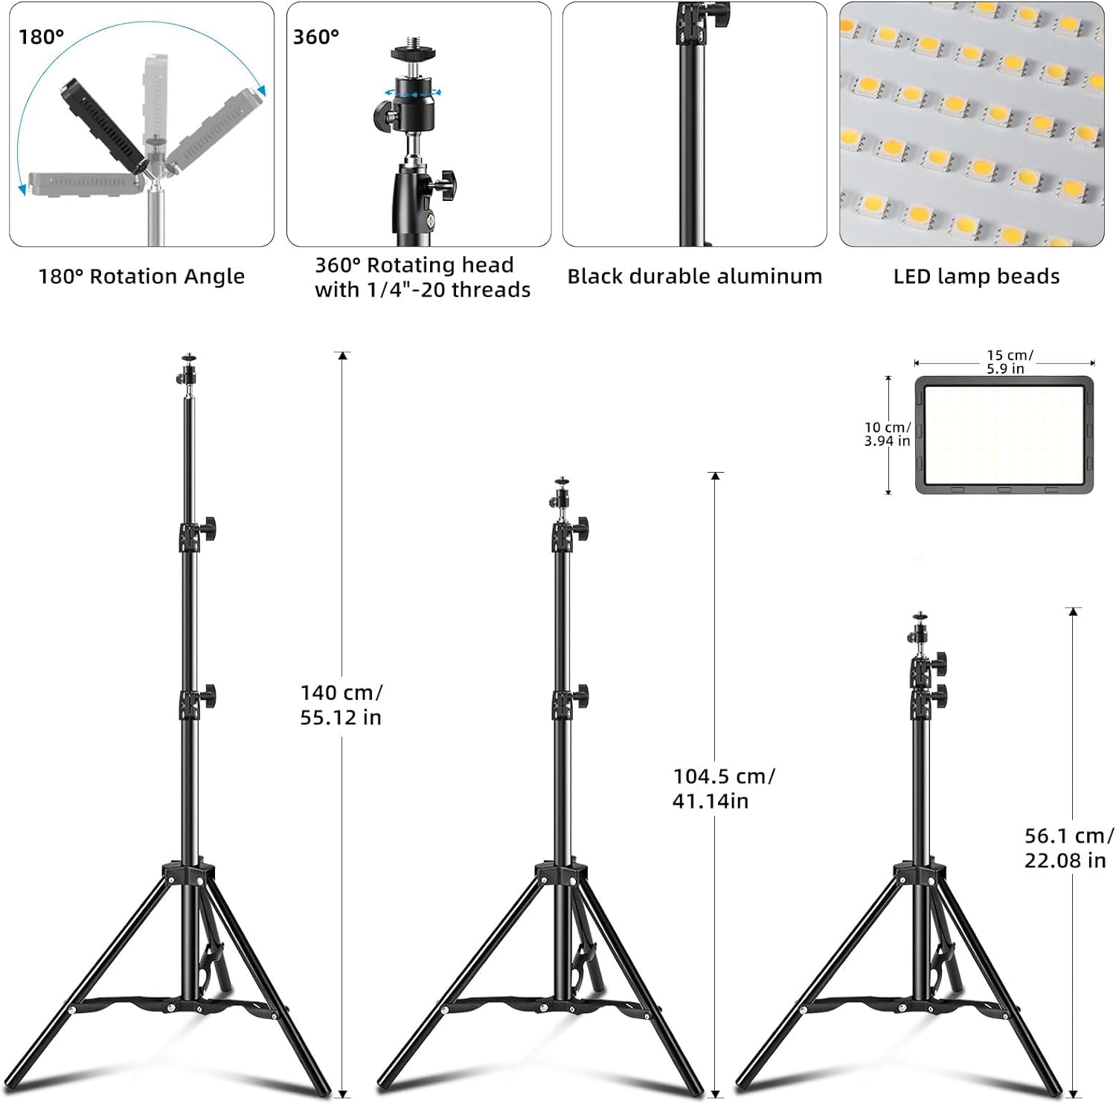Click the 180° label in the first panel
point(42,36)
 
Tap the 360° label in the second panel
point(316,36)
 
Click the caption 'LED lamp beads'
point(976,276)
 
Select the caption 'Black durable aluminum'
point(695,276)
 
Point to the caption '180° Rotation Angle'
point(141,276)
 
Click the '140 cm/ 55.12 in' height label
point(341,704)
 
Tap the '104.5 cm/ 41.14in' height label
point(723,788)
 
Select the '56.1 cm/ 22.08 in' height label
point(1069,847)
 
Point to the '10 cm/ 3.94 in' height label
point(888,434)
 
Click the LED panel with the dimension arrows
point(1004,435)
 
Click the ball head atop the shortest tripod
point(920,631)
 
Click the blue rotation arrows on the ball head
point(411,92)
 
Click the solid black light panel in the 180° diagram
point(103,126)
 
